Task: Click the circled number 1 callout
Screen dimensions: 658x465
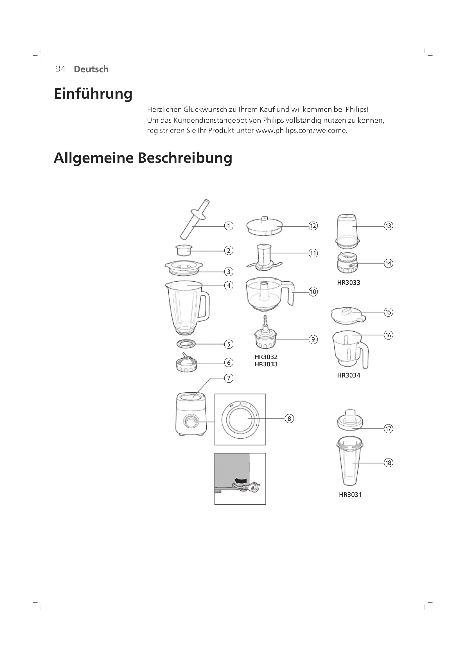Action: (229, 226)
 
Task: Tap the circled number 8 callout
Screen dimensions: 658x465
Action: (289, 419)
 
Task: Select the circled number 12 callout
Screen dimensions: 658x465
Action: (313, 226)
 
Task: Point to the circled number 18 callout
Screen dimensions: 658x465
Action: (388, 463)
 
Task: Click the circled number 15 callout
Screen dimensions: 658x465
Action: (388, 312)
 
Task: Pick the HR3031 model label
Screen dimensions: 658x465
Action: (350, 494)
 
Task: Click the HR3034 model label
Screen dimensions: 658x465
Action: (348, 375)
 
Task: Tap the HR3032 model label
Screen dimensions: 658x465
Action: (266, 357)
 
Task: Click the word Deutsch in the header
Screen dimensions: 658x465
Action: (91, 69)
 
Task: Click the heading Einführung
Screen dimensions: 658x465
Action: (93, 94)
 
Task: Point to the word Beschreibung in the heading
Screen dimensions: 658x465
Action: (185, 158)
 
